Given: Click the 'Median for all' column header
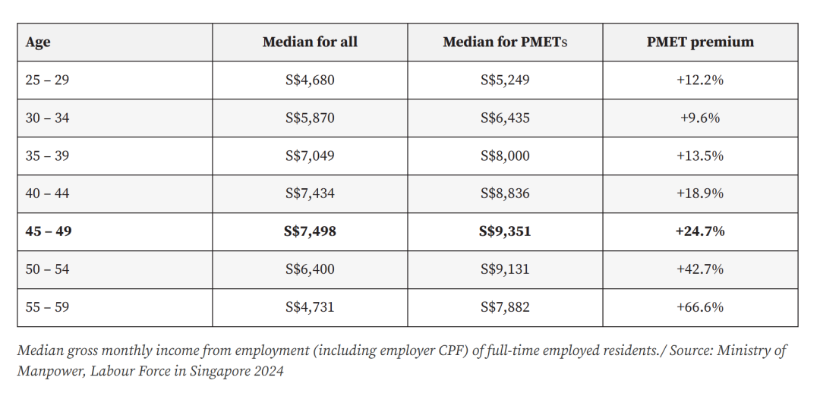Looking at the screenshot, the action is [310, 42].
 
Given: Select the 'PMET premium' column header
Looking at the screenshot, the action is [700, 42].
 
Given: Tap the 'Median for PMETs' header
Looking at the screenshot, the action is [505, 42].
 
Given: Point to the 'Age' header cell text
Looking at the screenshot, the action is [38, 42].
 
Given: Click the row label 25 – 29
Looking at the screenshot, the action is [47, 80].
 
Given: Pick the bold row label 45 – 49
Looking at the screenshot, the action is [48, 231].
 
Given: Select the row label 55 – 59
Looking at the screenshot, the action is [47, 307].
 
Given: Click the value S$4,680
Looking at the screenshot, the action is [310, 80].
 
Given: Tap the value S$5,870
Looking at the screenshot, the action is [310, 118].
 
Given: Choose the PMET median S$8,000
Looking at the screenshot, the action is [505, 156].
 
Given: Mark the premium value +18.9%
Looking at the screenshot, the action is [700, 193].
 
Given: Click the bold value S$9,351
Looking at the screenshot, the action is [505, 231].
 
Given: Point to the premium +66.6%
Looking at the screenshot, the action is [700, 307].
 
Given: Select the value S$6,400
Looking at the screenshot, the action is [310, 269].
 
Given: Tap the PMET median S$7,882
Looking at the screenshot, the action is [505, 307].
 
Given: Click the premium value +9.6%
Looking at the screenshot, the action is [700, 118].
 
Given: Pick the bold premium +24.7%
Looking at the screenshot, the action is [700, 231].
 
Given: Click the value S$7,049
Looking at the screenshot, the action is [310, 156].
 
